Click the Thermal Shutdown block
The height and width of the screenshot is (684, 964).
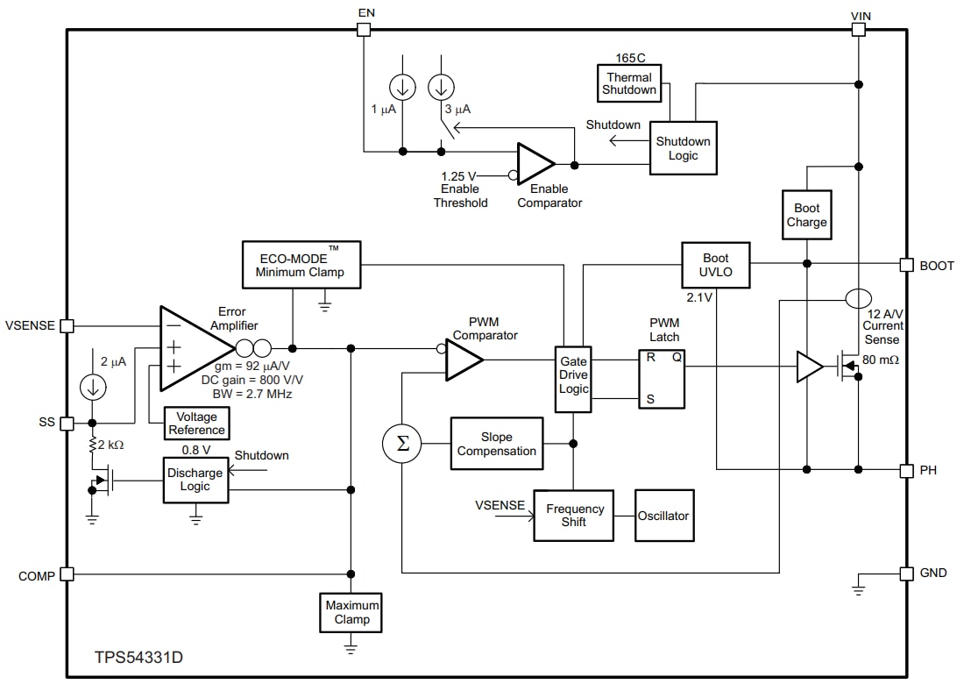629,83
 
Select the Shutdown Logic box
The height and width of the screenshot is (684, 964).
683,147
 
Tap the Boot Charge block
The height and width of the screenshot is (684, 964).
806,215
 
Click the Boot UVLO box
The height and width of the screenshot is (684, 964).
715,265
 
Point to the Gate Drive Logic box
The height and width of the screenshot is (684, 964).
573,379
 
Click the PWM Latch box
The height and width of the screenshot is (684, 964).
662,379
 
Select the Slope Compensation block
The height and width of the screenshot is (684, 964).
496,444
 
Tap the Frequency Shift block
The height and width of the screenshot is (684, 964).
575,515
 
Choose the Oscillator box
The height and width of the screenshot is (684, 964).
663,515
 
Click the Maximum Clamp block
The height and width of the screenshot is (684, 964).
351,612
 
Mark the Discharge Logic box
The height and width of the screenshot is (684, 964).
195,480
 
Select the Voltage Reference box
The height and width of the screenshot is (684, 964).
196,424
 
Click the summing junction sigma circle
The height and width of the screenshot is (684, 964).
402,444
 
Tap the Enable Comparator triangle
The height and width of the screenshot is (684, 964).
533,164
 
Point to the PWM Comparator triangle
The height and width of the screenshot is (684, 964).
462,360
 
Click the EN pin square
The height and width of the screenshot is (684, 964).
364,30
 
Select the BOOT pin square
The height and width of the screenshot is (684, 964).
906,265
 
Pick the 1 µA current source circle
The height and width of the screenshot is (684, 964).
403,86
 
